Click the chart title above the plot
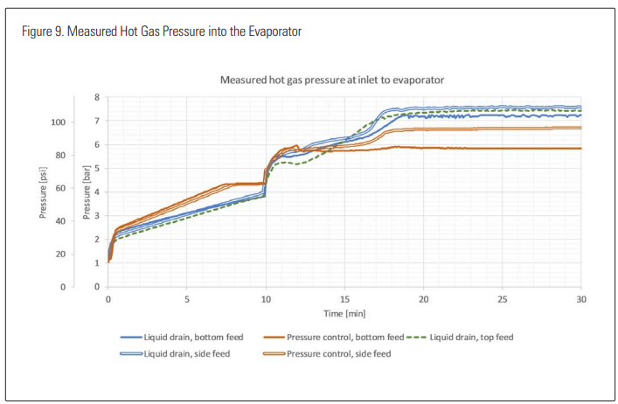pos(331,80)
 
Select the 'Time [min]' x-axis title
pos(344,312)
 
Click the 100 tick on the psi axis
pos(58,122)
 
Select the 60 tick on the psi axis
pos(59,188)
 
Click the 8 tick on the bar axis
pos(97,97)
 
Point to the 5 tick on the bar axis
pos(97,169)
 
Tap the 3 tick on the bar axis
pos(97,216)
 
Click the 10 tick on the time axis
pos(266,298)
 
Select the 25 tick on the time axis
pos(503,298)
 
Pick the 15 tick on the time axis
pos(344,298)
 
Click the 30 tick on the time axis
pos(581,298)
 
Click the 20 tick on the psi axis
pos(59,254)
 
